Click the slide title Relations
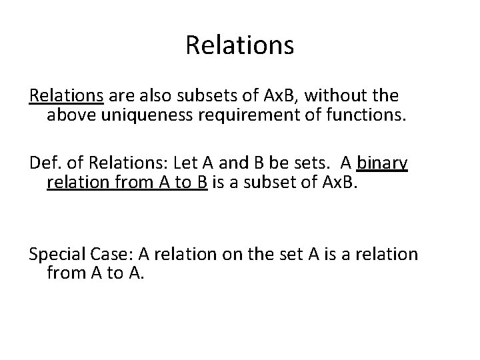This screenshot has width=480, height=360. tap(239, 45)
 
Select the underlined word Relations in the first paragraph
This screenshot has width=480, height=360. tap(66, 97)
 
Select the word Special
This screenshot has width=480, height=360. tap(57, 254)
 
